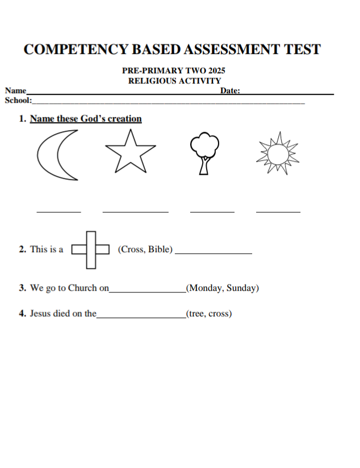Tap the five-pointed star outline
pyautogui.click(x=130, y=152)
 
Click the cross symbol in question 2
pyautogui.click(x=90, y=249)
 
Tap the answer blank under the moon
pyautogui.click(x=58, y=211)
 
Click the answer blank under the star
pyautogui.click(x=135, y=211)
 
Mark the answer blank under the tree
pyautogui.click(x=212, y=211)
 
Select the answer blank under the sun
pyautogui.click(x=278, y=211)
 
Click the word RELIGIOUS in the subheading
pyautogui.click(x=152, y=81)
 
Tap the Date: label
pyautogui.click(x=230, y=91)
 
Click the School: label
pyautogui.click(x=18, y=101)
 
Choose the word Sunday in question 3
pyautogui.click(x=241, y=288)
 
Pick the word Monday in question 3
pyautogui.click(x=206, y=288)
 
